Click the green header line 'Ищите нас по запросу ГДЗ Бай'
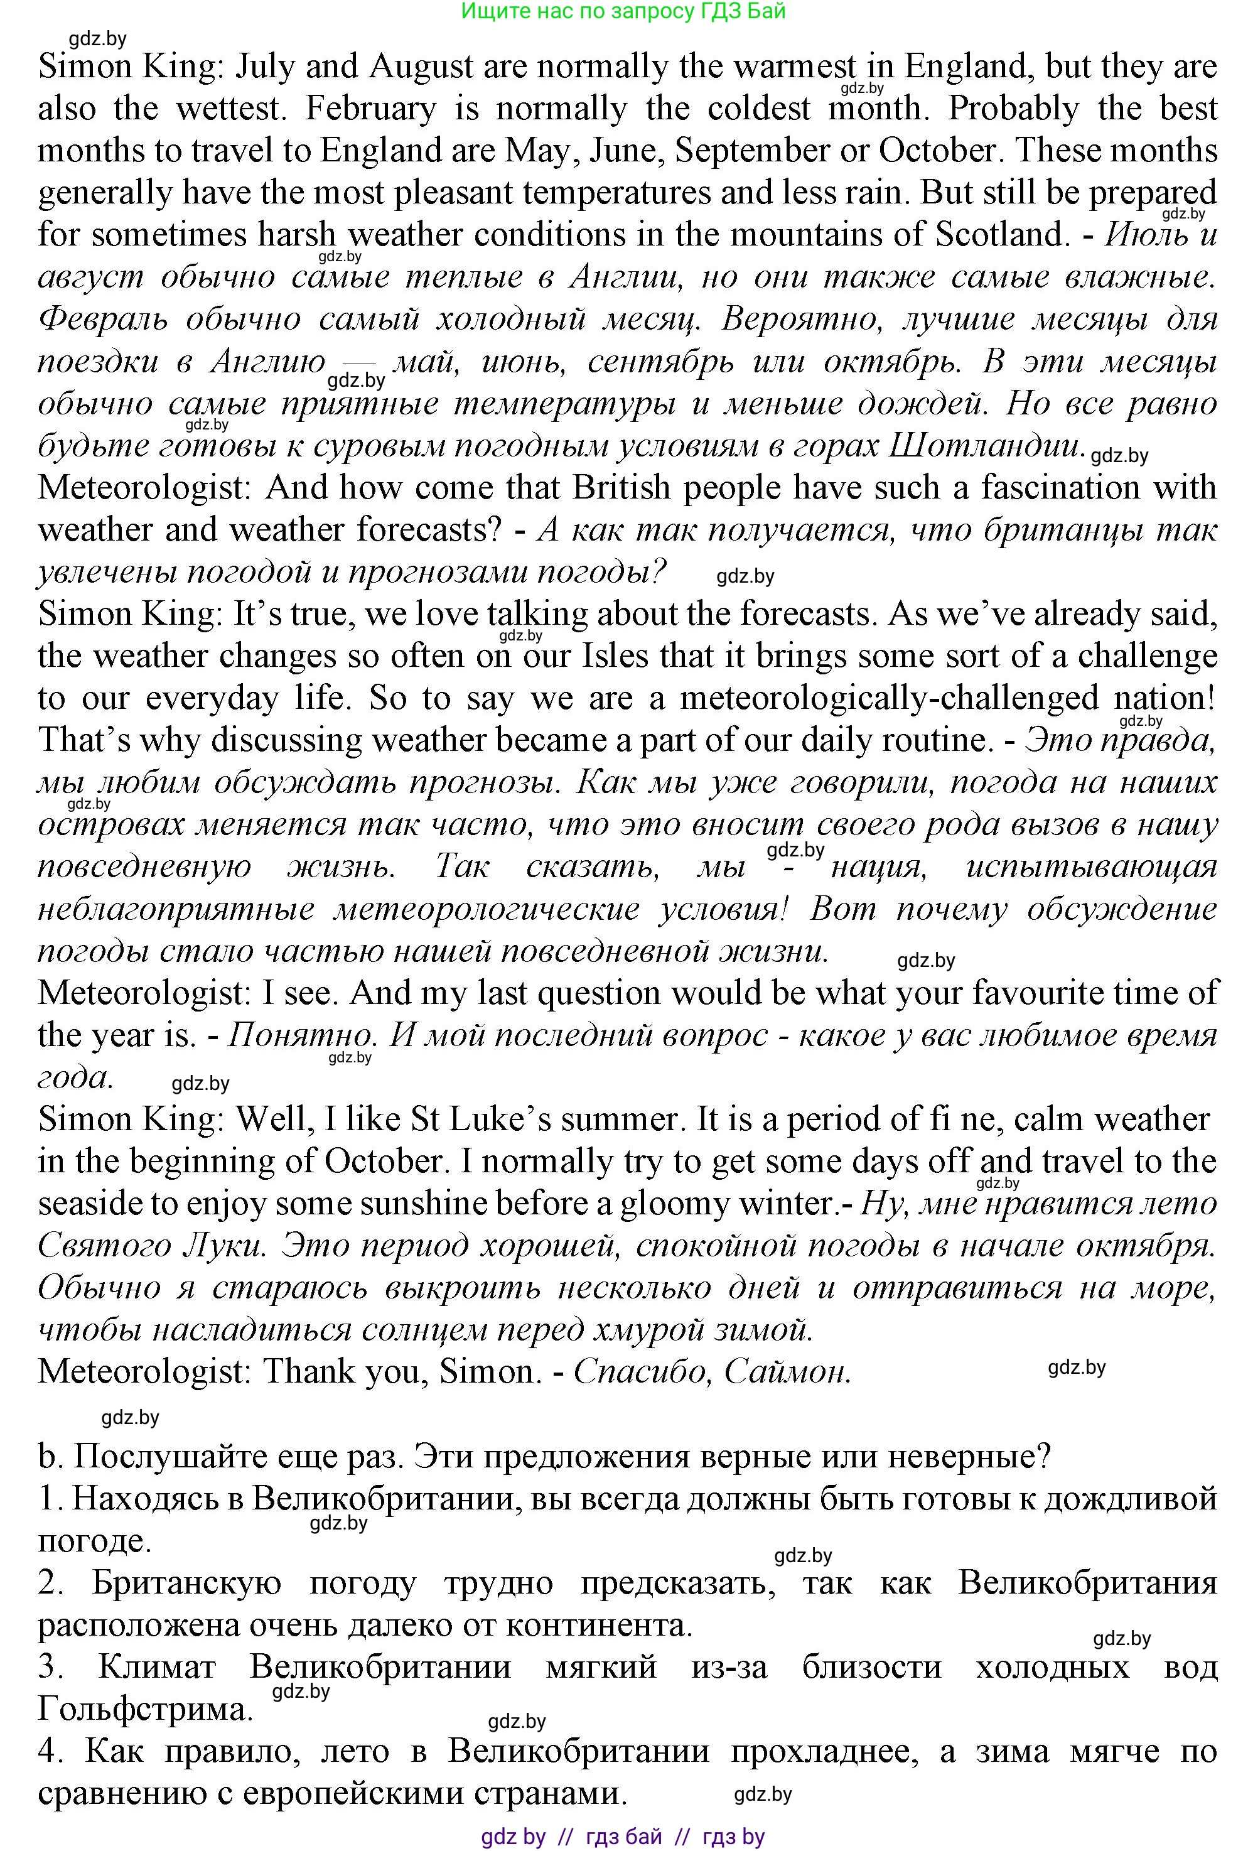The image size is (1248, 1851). [x=623, y=11]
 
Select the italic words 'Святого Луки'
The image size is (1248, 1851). [x=151, y=1245]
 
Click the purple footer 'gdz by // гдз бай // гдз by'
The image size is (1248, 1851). [x=623, y=1837]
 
